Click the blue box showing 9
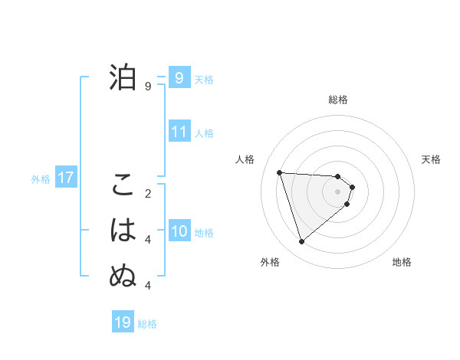click(x=179, y=77)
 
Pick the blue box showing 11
click(x=179, y=132)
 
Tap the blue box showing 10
click(x=179, y=231)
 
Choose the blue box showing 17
click(x=65, y=178)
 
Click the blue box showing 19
click(x=123, y=322)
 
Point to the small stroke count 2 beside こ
click(x=148, y=193)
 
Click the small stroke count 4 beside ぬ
click(x=148, y=286)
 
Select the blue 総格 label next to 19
click(x=147, y=324)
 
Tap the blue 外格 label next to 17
click(x=41, y=179)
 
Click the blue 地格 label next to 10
click(x=204, y=233)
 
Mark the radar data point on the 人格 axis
click(x=280, y=172)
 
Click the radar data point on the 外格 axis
click(x=301, y=242)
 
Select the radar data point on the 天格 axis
click(x=352, y=187)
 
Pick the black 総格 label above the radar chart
click(x=338, y=100)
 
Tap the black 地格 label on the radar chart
click(x=402, y=262)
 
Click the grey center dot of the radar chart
click(x=338, y=201)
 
